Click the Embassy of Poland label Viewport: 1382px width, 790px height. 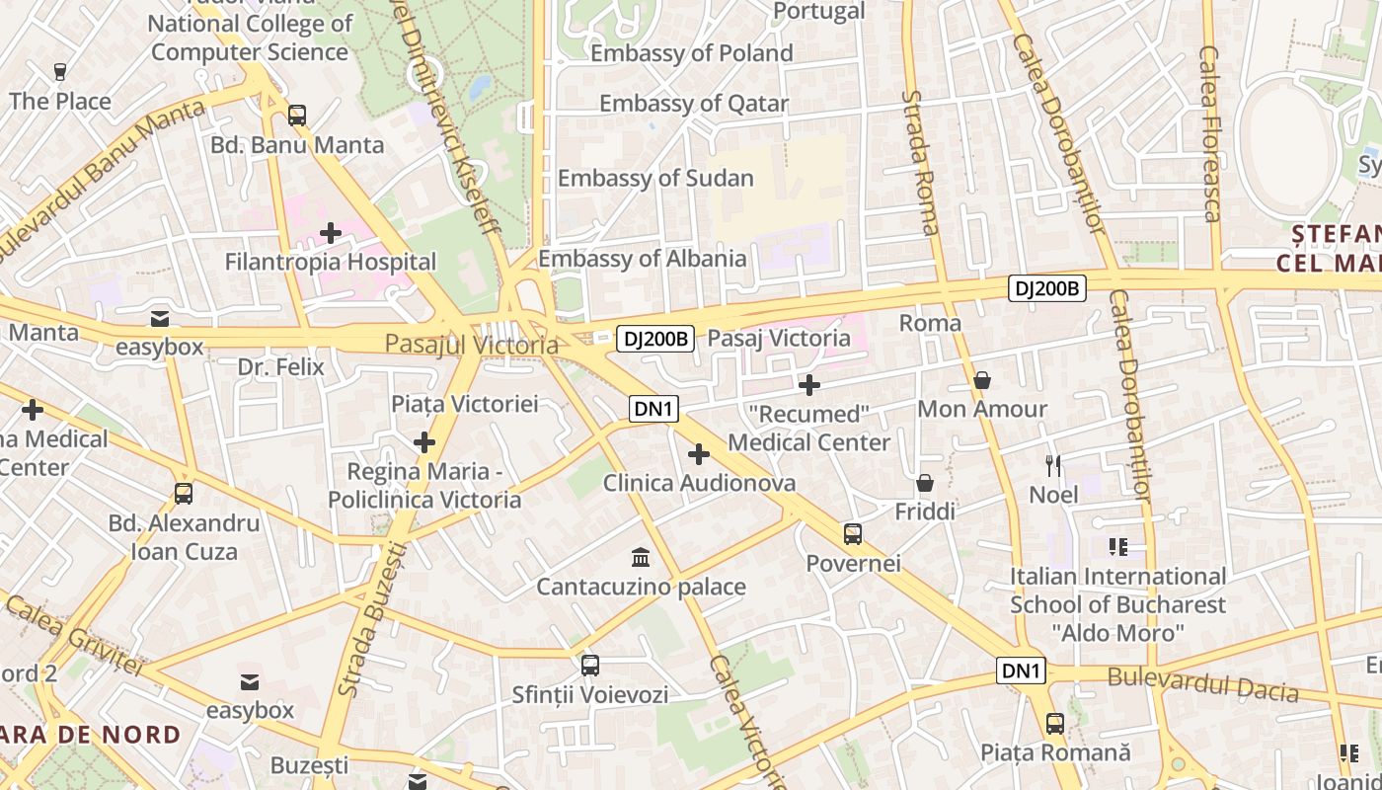pyautogui.click(x=691, y=53)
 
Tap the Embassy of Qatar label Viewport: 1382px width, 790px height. pyautogui.click(x=693, y=104)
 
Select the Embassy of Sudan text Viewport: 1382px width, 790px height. pyautogui.click(x=655, y=179)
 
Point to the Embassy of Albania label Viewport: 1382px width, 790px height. pyautogui.click(x=642, y=259)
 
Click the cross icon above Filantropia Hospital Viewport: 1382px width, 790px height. pyautogui.click(x=331, y=234)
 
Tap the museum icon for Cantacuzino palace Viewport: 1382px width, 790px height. pyautogui.click(x=641, y=557)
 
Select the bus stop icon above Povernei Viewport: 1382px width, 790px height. pyautogui.click(x=853, y=534)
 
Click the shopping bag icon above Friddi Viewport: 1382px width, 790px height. pyautogui.click(x=925, y=483)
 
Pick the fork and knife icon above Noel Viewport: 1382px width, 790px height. pyautogui.click(x=1053, y=465)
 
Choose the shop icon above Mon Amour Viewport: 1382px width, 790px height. pyautogui.click(x=982, y=380)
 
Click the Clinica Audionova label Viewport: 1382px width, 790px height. pyautogui.click(x=699, y=483)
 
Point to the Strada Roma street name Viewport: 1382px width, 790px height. pyautogui.click(x=918, y=163)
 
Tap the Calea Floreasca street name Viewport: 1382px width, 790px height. pyautogui.click(x=1209, y=133)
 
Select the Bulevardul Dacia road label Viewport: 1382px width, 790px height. pyautogui.click(x=1202, y=683)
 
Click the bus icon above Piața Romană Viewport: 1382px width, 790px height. pyautogui.click(x=1055, y=724)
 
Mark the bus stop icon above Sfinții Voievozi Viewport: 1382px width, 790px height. pyautogui.click(x=590, y=666)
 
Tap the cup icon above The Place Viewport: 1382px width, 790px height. pyautogui.click(x=60, y=71)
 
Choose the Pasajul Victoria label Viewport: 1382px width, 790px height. pyautogui.click(x=471, y=345)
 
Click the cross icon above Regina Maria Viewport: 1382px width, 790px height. pyautogui.click(x=424, y=442)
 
